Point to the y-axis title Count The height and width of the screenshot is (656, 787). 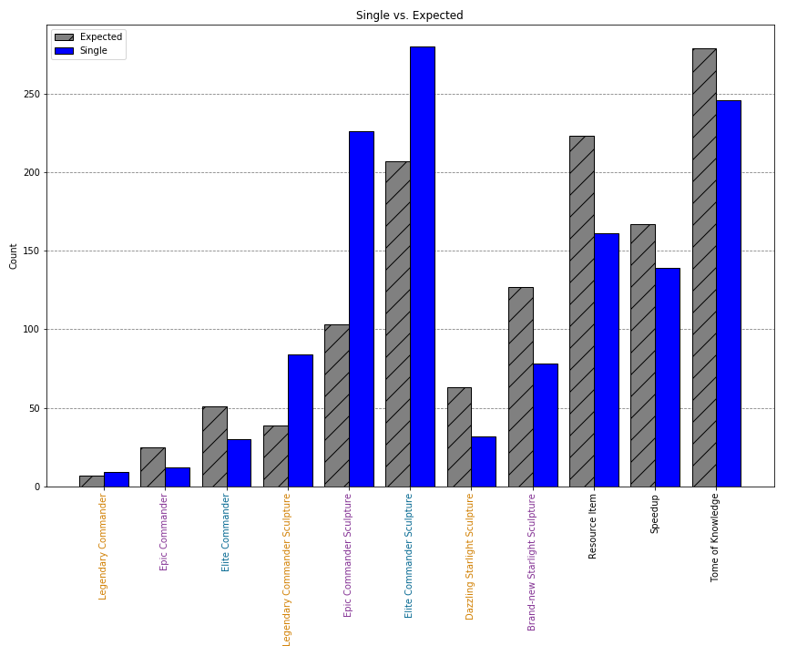pos(14,256)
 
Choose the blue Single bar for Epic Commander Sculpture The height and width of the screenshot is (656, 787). pos(362,309)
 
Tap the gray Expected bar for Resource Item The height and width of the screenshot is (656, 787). pos(581,311)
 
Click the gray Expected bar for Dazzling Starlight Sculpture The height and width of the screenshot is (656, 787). pos(459,436)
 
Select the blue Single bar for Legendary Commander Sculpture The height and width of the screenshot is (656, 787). pos(301,420)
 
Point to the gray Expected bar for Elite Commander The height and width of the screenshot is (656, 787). pos(214,446)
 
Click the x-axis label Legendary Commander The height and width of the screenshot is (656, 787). pos(103,546)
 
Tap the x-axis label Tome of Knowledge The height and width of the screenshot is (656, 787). pos(715,538)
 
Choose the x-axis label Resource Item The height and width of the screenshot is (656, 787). pos(593,526)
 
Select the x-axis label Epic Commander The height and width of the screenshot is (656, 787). pos(164,532)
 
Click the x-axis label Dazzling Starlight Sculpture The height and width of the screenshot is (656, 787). pos(471,556)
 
